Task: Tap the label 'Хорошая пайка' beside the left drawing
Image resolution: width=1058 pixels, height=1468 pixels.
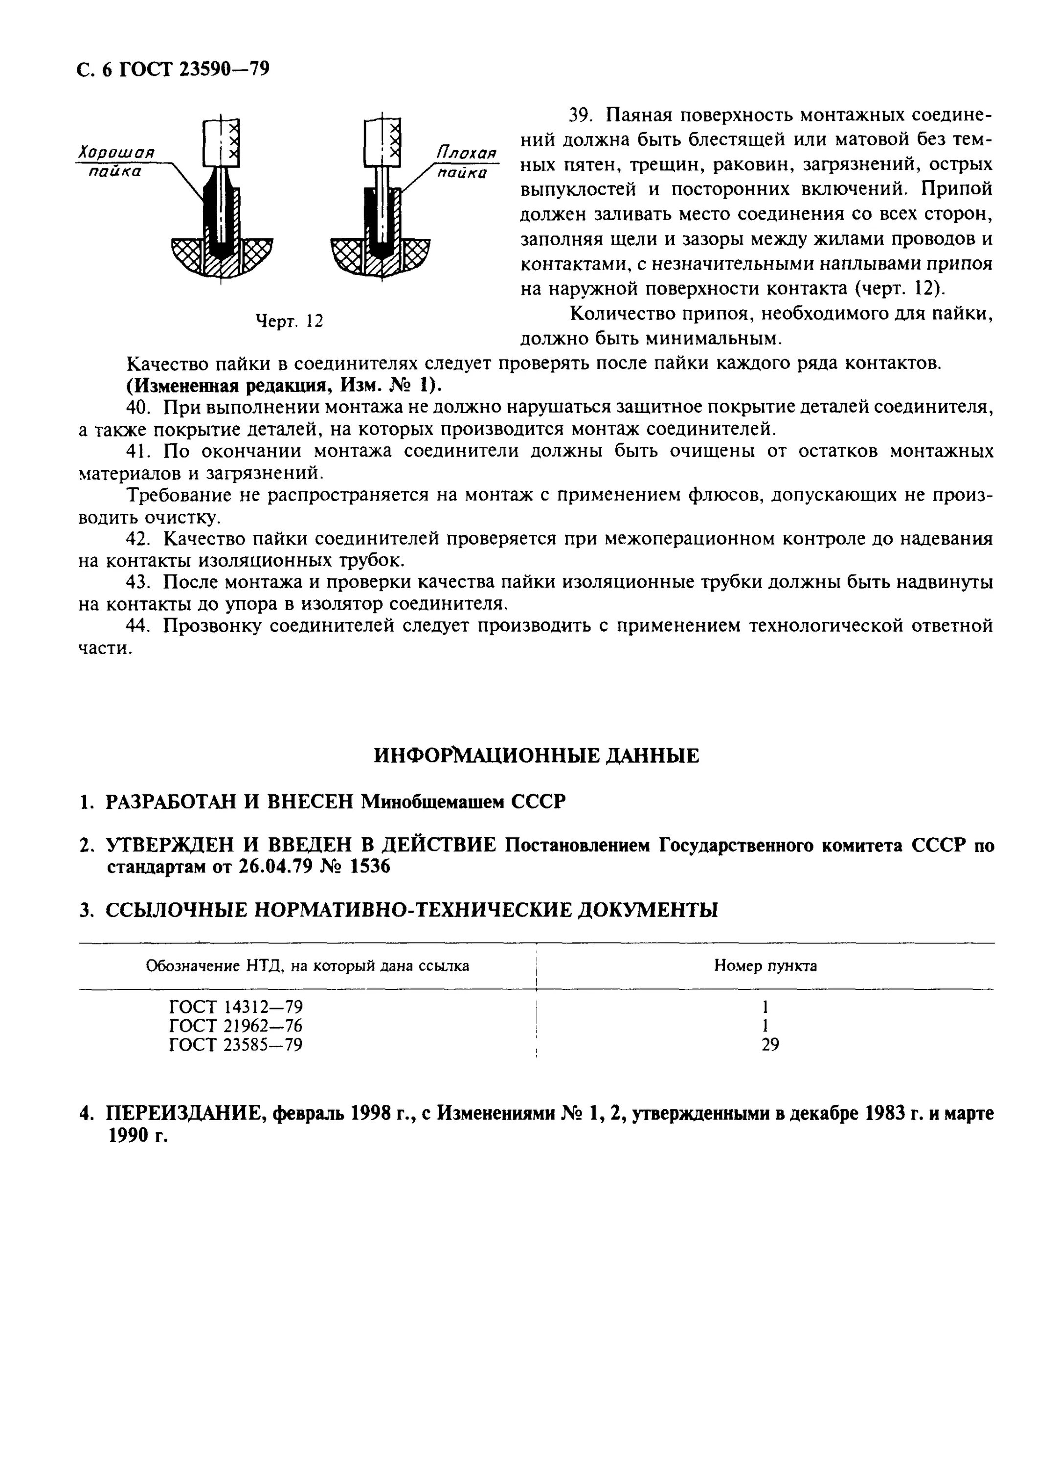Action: [116, 162]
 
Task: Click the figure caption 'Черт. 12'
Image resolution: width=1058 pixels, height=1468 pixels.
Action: [289, 321]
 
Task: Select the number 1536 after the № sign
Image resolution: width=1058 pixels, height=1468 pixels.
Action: [370, 867]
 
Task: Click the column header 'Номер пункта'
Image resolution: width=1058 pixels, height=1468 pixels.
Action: [765, 966]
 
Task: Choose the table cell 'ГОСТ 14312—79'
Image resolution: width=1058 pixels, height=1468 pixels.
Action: [236, 1007]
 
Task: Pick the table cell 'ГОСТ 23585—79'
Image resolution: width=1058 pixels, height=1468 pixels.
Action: [236, 1045]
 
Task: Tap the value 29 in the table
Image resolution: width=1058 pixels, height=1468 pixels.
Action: [770, 1045]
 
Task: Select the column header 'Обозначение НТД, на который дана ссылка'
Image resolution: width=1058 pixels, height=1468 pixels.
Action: [307, 966]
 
